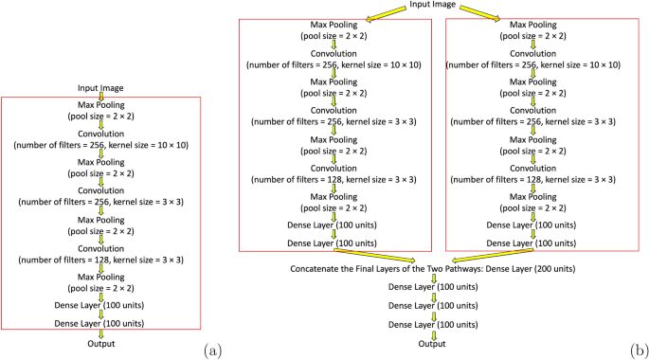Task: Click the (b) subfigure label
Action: (638, 350)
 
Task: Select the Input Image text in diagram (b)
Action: (433, 7)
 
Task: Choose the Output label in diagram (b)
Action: (433, 343)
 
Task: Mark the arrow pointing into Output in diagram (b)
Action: (433, 333)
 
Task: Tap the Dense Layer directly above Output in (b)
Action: (433, 324)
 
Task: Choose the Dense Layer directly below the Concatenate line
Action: (433, 286)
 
